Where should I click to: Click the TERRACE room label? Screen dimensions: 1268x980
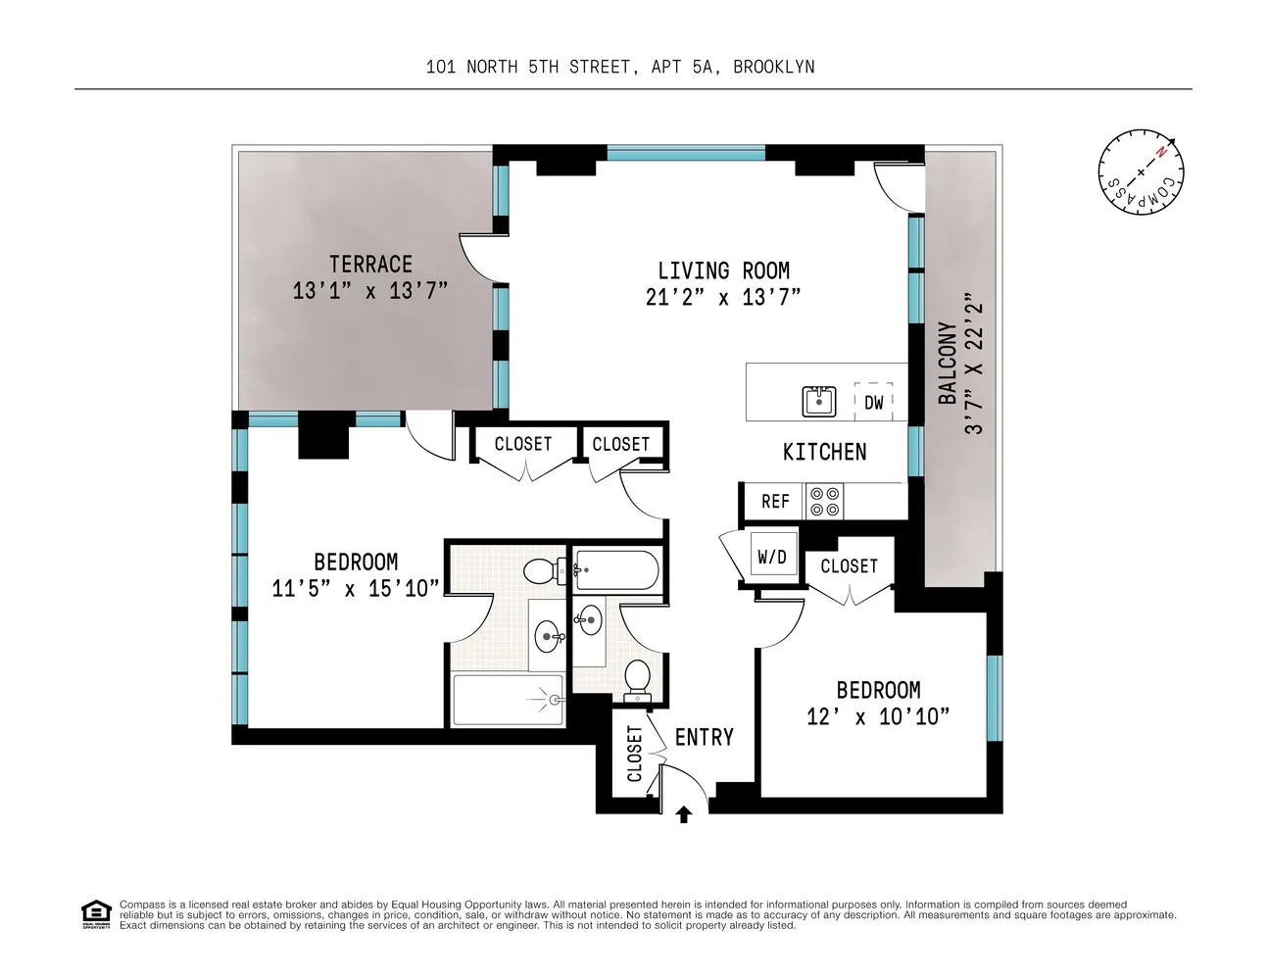point(370,265)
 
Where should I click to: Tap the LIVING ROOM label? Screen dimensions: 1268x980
point(723,270)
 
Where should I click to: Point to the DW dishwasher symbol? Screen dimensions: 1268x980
point(873,402)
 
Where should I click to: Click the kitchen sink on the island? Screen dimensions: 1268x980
point(818,402)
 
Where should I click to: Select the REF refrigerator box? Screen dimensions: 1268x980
point(775,501)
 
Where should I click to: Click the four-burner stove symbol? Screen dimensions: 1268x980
point(824,501)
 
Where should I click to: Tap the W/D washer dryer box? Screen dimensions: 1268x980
point(773,557)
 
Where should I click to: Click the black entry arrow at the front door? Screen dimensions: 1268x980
point(684,814)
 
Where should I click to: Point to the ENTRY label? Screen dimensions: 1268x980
point(704,737)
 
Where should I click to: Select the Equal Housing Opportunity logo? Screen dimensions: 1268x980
point(96,914)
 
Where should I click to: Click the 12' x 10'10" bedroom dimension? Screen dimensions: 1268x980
point(878,716)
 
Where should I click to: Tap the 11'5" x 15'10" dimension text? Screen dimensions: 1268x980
point(356,588)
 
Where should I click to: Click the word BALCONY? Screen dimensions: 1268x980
point(948,363)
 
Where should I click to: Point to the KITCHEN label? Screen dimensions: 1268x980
point(824,452)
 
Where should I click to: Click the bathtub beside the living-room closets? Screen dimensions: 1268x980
point(617,569)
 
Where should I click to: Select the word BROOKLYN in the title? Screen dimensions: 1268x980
point(774,67)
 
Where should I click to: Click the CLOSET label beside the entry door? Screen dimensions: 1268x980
point(634,754)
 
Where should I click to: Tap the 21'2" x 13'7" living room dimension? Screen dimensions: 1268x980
point(723,298)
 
